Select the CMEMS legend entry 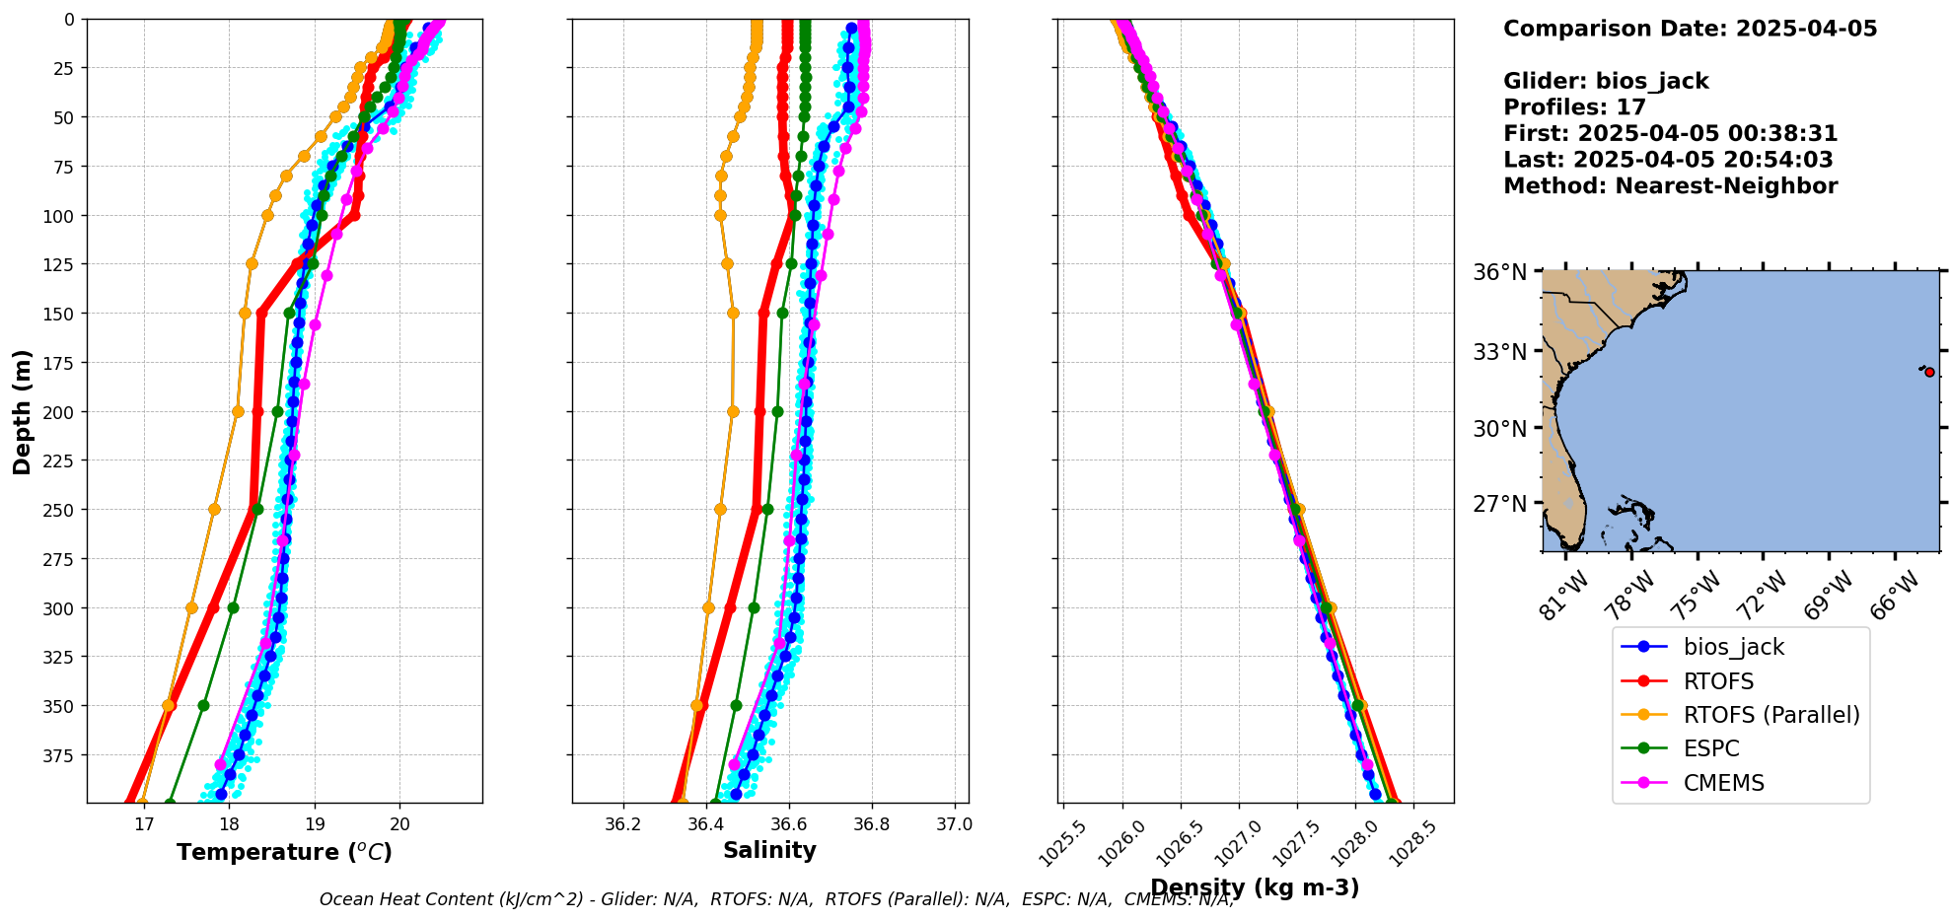click(1723, 783)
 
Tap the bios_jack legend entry click(1733, 647)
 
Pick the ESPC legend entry click(1711, 748)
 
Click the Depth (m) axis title click(22, 411)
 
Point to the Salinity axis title click(769, 850)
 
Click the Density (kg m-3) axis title click(1255, 887)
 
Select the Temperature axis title click(284, 852)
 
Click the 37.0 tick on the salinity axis click(954, 824)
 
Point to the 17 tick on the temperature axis click(144, 824)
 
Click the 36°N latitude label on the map click(1499, 272)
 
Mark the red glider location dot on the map click(1929, 372)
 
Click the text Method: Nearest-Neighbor click(1670, 186)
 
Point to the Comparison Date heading click(1690, 29)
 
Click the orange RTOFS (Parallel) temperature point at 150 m click(245, 314)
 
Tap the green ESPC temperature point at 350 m click(203, 705)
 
